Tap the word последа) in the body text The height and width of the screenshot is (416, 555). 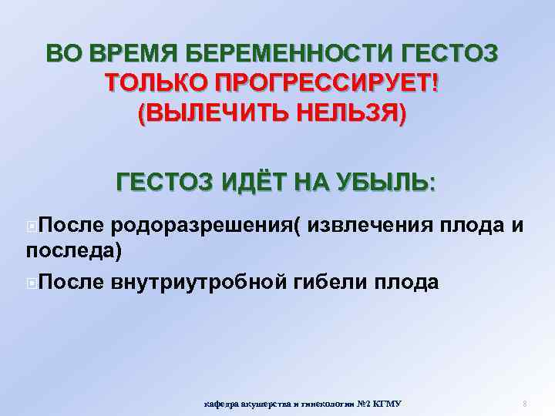pos(74,250)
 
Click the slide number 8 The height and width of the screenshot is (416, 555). pos(524,404)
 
